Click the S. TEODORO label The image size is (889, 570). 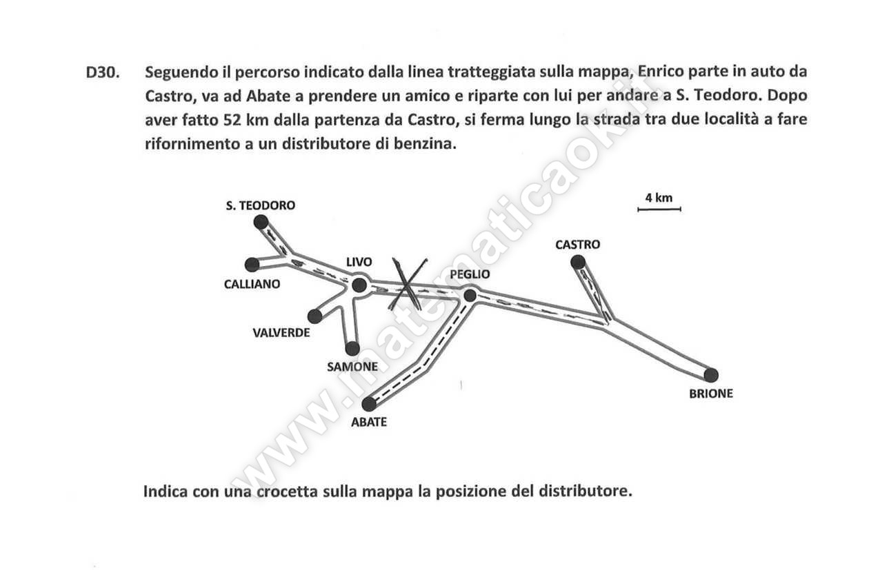click(x=260, y=205)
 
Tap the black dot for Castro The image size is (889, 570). click(x=578, y=262)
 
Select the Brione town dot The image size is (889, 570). click(x=711, y=375)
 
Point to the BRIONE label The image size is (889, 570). click(x=711, y=394)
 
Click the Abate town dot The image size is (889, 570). click(x=369, y=404)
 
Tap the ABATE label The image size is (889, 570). click(x=369, y=422)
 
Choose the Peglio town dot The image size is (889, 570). click(x=470, y=296)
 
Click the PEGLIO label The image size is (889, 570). click(x=470, y=274)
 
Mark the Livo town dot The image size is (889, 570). click(x=359, y=285)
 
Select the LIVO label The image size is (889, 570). click(x=359, y=262)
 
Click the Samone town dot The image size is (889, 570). click(x=352, y=349)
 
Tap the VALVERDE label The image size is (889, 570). click(x=281, y=332)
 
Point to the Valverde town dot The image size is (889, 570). click(x=314, y=316)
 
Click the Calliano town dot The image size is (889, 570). click(x=252, y=265)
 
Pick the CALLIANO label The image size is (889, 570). click(x=252, y=284)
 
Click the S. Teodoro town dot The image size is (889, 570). click(x=261, y=222)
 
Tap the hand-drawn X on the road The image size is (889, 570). click(x=408, y=284)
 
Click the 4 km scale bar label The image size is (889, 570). click(x=659, y=198)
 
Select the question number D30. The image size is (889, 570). click(x=102, y=72)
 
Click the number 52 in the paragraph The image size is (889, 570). click(x=232, y=120)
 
